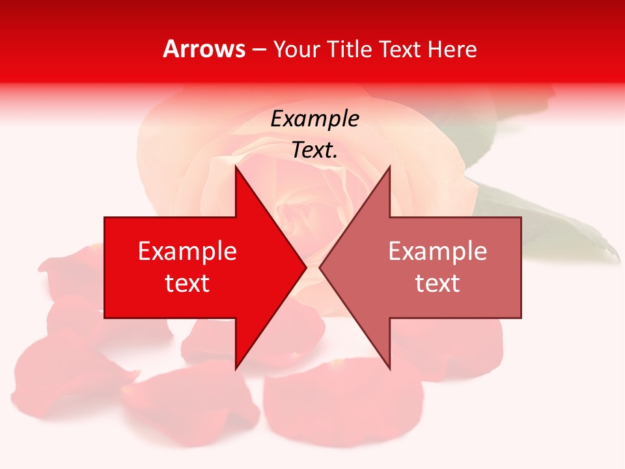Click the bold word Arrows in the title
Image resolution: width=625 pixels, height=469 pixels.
tap(204, 49)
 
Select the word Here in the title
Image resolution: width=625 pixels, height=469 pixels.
tap(452, 49)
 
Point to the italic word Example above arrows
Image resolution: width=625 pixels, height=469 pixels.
tap(314, 119)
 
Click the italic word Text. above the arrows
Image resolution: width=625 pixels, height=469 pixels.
tap(314, 150)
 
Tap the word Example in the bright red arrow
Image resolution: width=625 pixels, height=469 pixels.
tap(187, 251)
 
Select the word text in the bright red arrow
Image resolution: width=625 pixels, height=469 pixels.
tap(187, 283)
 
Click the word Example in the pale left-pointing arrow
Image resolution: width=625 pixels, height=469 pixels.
tap(437, 251)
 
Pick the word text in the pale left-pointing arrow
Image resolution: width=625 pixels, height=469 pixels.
tap(437, 283)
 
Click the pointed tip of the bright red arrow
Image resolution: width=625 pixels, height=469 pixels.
tap(305, 267)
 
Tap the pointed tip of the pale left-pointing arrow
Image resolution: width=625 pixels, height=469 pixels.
tap(320, 267)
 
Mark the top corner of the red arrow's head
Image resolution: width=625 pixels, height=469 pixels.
tap(236, 167)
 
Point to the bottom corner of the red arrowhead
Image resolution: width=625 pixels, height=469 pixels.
tap(236, 369)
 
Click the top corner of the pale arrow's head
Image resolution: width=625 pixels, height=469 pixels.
tap(389, 167)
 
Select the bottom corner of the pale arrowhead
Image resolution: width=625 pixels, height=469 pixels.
tap(389, 369)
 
